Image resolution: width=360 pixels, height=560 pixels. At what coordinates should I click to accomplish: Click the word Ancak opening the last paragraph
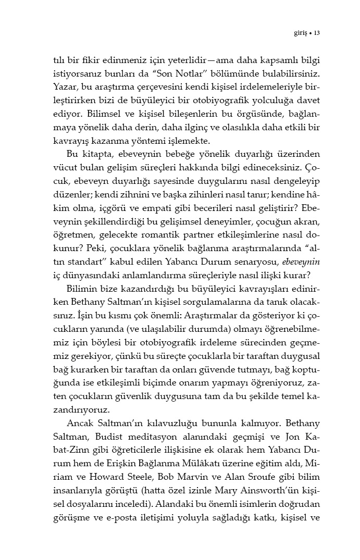click(80, 436)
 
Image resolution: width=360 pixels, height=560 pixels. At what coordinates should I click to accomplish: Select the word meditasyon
click(149, 450)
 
